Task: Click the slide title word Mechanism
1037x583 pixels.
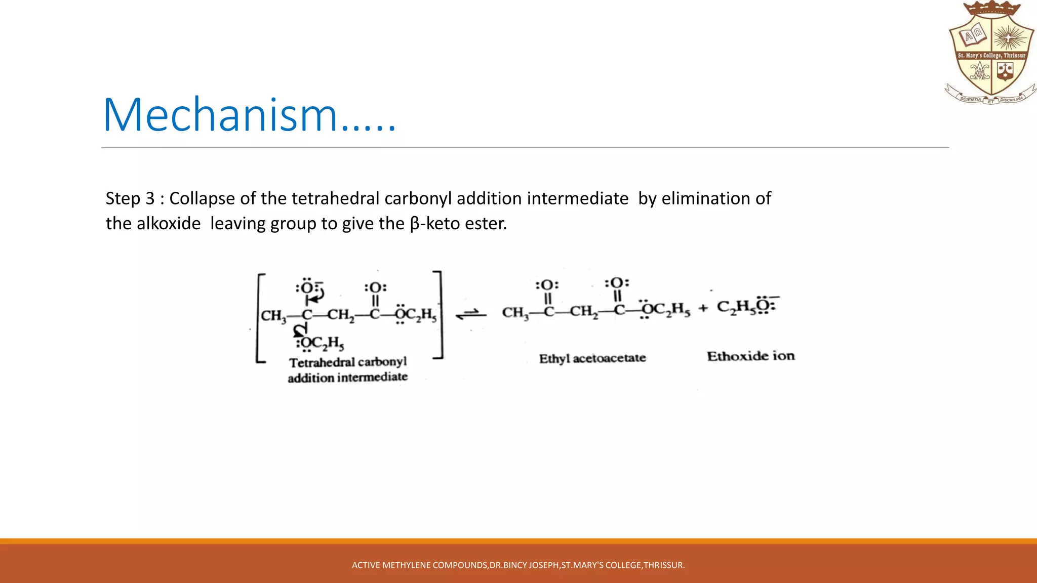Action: [x=221, y=115]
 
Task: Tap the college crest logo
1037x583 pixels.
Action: [x=990, y=53]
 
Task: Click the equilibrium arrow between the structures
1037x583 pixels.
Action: [x=471, y=314]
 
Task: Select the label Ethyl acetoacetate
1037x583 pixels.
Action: [x=592, y=358]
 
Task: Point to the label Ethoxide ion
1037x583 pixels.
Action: [x=751, y=356]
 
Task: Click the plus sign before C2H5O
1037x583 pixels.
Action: [x=703, y=308]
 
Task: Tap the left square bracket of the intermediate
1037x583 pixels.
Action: [x=260, y=318]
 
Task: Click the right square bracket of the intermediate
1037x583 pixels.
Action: [x=439, y=315]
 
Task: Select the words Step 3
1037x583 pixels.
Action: [x=130, y=198]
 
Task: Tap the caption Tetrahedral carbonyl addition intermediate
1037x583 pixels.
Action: [x=348, y=370]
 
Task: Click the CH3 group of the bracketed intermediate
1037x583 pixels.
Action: [x=273, y=316]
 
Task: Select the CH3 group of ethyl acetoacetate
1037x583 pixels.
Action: [x=515, y=313]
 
